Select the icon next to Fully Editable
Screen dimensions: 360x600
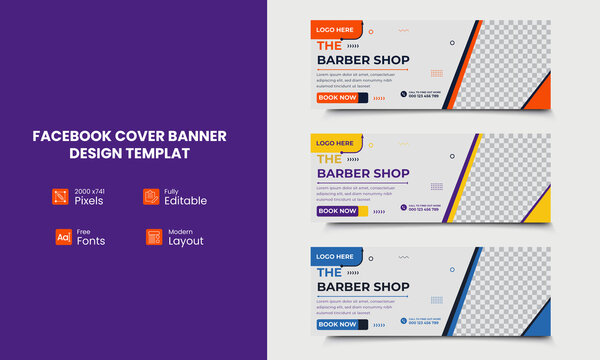tap(151, 196)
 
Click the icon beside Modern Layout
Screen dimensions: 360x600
tap(153, 237)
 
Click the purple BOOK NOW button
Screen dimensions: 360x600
tap(337, 211)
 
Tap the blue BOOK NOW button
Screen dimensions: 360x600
tap(337, 324)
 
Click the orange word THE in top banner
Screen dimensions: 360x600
tap(328, 45)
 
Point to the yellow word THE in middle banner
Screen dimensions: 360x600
tap(328, 158)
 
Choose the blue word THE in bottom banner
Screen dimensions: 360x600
tap(328, 271)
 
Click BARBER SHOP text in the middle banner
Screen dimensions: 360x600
tap(363, 173)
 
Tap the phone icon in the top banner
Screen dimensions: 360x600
tap(404, 95)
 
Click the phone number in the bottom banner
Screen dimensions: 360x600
tap(425, 324)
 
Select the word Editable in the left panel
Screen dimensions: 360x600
tap(186, 201)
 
